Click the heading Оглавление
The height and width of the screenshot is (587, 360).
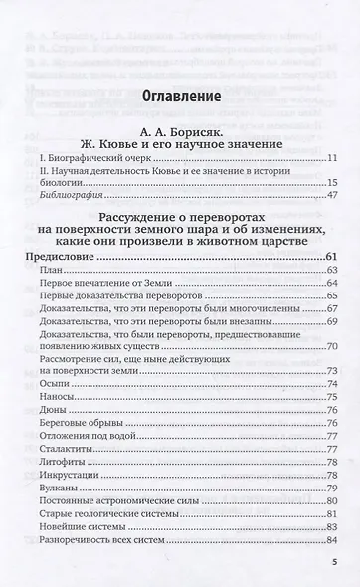tap(179, 101)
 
